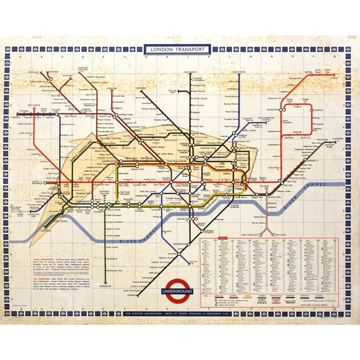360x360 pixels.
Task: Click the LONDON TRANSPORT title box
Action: pos(177,49)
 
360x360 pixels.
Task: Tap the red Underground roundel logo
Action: pos(177,291)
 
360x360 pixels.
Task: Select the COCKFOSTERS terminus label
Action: pos(239,72)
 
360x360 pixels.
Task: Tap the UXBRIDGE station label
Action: pos(16,117)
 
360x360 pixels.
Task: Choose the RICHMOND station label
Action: pos(46,231)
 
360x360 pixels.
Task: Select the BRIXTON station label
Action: pos(193,262)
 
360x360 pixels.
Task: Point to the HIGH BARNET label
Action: pos(190,72)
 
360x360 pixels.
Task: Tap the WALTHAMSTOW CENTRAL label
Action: pos(269,119)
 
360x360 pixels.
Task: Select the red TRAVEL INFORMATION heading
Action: pos(43,259)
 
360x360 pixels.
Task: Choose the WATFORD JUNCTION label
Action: pos(83,69)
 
